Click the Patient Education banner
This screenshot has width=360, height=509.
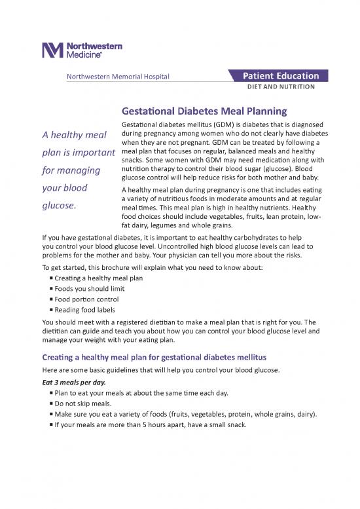281,76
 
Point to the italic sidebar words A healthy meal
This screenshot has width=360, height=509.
75,136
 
